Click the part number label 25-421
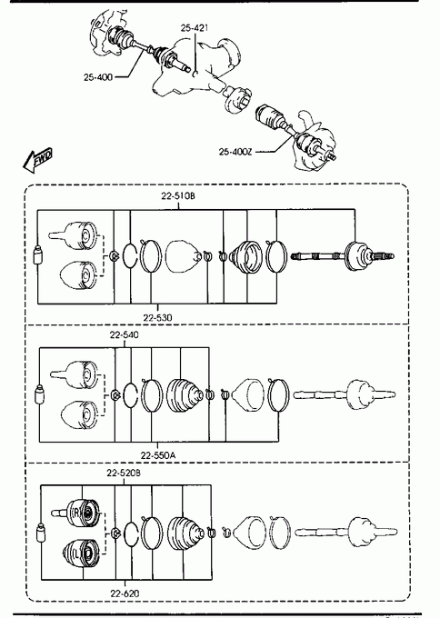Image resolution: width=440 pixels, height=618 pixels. click(x=195, y=28)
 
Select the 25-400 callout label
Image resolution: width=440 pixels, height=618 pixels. click(x=98, y=77)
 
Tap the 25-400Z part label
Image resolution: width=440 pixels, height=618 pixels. click(x=235, y=152)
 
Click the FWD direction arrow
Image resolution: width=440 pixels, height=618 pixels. click(x=37, y=160)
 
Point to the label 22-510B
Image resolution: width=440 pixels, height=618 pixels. click(x=178, y=195)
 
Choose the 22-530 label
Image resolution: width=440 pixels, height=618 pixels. click(x=157, y=317)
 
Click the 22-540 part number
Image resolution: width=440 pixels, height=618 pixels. click(x=125, y=335)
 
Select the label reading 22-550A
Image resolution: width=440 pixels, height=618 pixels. click(x=158, y=455)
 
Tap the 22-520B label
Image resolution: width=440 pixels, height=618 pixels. click(x=124, y=473)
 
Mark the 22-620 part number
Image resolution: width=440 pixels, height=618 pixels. click(x=125, y=593)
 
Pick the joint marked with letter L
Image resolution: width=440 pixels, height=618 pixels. click(x=81, y=553)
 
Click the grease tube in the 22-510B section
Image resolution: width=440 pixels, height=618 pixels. click(x=37, y=255)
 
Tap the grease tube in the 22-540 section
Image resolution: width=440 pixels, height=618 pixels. click(x=39, y=394)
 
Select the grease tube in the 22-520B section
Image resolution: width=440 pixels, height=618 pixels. click(x=41, y=533)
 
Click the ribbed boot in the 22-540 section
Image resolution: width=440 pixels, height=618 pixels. click(x=185, y=395)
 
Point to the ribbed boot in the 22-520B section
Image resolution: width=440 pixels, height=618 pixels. click(x=186, y=533)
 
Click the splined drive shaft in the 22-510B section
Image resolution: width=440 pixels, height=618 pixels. click(x=342, y=256)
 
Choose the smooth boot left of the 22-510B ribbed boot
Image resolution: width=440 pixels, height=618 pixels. click(x=183, y=256)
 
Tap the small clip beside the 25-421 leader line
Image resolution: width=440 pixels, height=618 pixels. click(x=195, y=74)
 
